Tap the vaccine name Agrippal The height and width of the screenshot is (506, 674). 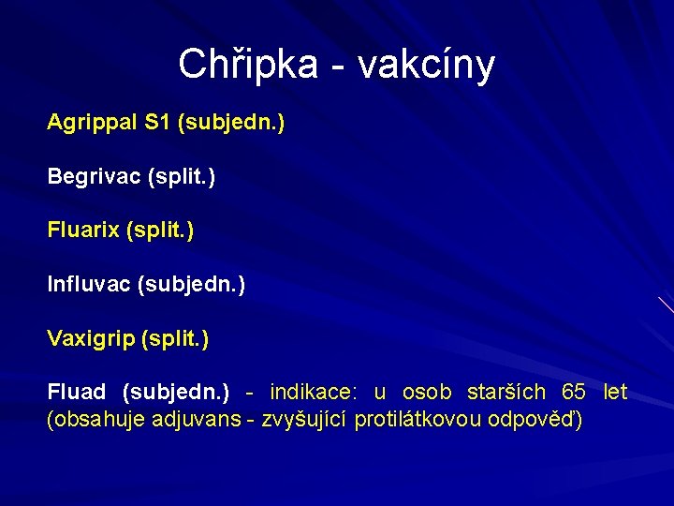pyautogui.click(x=92, y=123)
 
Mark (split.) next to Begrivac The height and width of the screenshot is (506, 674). pyautogui.click(x=181, y=176)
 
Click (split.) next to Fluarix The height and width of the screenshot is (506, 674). pyautogui.click(x=160, y=231)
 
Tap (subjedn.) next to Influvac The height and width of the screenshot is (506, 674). pyautogui.click(x=191, y=284)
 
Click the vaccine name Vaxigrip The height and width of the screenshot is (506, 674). pyautogui.click(x=90, y=338)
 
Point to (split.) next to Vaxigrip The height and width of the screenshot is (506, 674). pyautogui.click(x=175, y=338)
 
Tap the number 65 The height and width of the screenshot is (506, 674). pyautogui.click(x=574, y=392)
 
